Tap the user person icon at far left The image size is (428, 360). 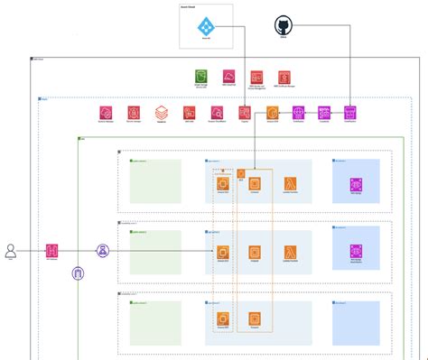[x=11, y=251]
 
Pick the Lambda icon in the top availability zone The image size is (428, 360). [x=291, y=184]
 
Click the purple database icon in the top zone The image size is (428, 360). [x=355, y=184]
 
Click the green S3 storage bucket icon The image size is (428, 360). [x=202, y=78]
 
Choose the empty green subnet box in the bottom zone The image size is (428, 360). [x=155, y=321]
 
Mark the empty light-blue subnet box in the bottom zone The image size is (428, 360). [x=355, y=321]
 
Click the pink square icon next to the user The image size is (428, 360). [x=52, y=251]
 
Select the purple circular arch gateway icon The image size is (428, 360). [x=78, y=272]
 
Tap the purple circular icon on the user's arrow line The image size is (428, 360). [x=104, y=251]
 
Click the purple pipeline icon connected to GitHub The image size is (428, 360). [x=350, y=113]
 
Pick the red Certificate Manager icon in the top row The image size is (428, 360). [x=284, y=78]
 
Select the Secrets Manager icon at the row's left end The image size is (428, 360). [x=107, y=113]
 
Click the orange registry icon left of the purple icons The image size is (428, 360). [x=272, y=113]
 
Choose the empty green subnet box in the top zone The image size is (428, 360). [x=155, y=181]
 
